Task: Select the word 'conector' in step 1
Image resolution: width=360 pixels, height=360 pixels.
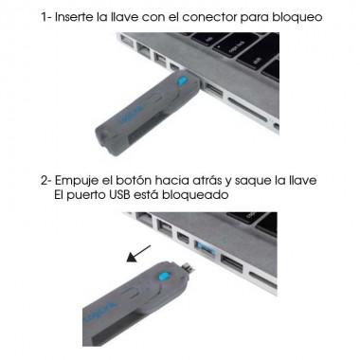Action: tap(216, 18)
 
